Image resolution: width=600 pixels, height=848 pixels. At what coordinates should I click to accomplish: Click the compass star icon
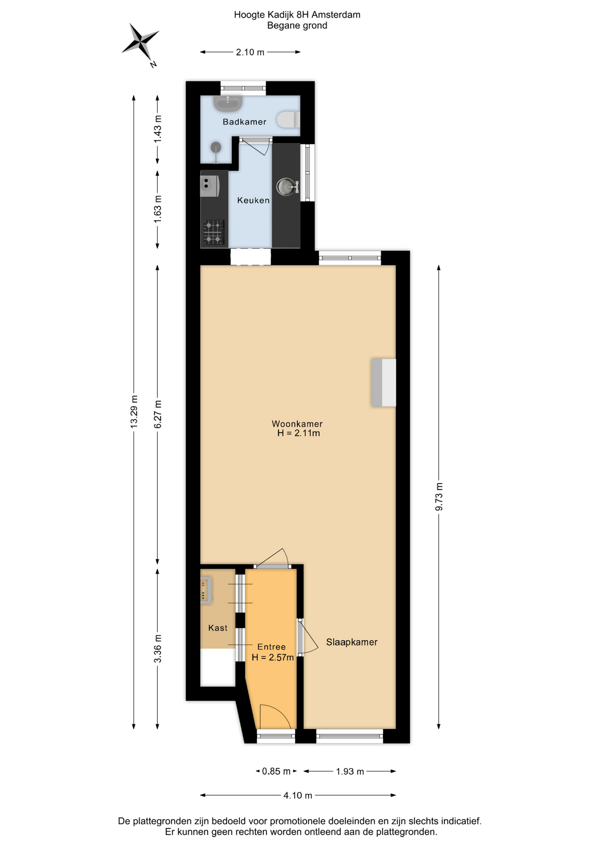tap(140, 42)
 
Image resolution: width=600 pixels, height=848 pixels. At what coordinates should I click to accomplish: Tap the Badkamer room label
tap(244, 122)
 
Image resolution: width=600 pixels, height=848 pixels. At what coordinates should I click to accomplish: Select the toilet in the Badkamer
tap(289, 120)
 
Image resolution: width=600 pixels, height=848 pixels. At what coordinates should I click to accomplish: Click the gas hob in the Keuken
tap(214, 232)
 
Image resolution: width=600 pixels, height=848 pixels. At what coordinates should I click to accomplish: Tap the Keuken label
tap(253, 201)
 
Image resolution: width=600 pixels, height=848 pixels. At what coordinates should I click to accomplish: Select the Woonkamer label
tap(297, 424)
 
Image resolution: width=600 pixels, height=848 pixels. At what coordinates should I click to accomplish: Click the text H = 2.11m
tap(299, 433)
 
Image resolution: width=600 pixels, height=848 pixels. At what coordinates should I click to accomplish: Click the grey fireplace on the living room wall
tap(384, 382)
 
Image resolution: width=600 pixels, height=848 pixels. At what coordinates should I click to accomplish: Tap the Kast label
tap(218, 628)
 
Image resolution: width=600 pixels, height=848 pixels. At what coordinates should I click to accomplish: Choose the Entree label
tap(271, 647)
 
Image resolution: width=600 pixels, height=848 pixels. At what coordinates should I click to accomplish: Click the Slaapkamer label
tap(352, 642)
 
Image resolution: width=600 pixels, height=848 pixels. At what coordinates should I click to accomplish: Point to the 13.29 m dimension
tap(134, 412)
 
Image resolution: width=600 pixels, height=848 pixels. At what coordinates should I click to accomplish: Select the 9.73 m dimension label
tap(439, 497)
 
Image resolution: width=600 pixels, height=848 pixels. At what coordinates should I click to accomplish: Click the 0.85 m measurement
tap(276, 771)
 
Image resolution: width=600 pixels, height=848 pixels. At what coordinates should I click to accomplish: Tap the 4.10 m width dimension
tap(298, 795)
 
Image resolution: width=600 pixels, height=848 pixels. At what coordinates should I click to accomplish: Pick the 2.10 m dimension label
tap(250, 52)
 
